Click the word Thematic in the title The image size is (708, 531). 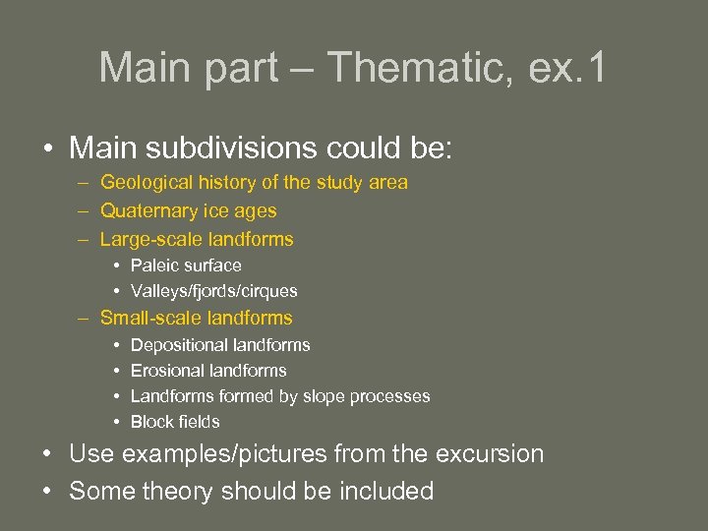coord(414,68)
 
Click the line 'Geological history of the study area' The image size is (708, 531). coord(254,182)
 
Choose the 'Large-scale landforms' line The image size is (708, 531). coord(197,239)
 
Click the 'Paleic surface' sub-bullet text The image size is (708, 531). coord(186,265)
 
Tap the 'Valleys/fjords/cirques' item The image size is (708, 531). coord(213,291)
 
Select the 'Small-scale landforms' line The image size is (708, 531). coord(197,318)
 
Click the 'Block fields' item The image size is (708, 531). coord(175,422)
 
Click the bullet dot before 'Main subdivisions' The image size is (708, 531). coord(47,150)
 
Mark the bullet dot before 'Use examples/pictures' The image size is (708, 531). coord(47,455)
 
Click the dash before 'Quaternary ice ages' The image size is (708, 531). coord(79,210)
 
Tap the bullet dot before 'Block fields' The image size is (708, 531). coord(117,422)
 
